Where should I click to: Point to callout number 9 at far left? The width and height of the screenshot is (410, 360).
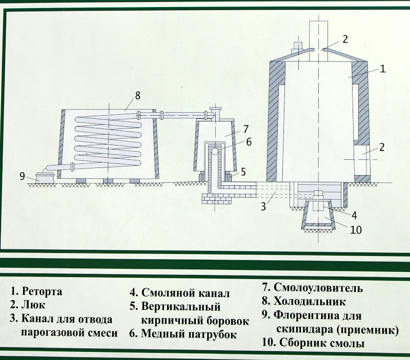click(22, 176)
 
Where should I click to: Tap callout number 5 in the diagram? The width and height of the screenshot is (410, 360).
click(243, 171)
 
